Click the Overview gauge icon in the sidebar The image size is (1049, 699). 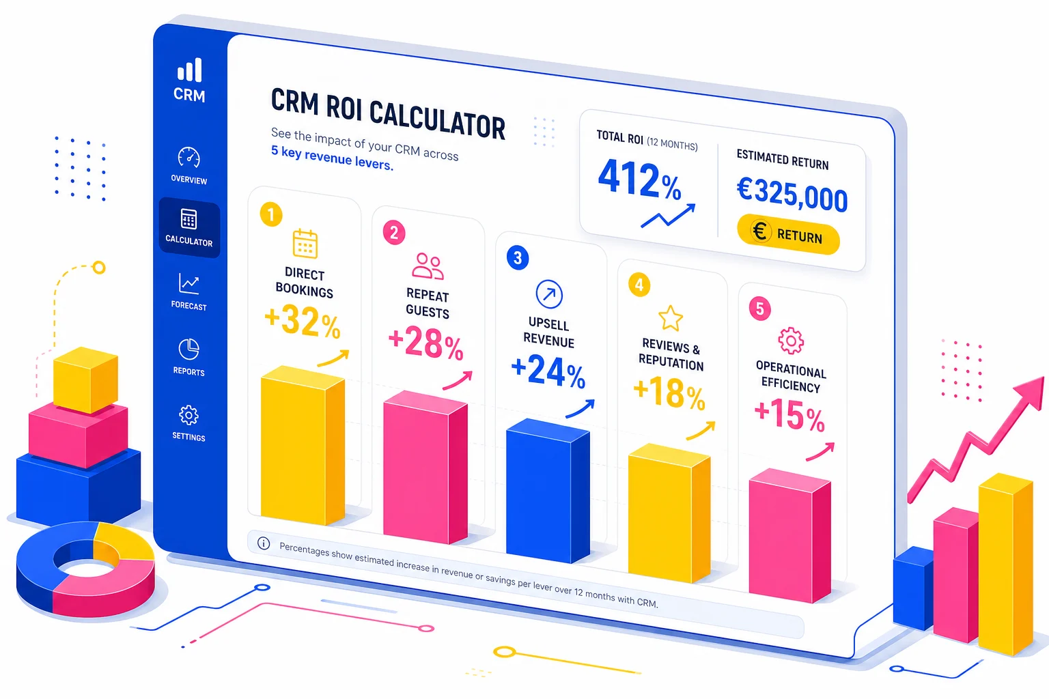(188, 158)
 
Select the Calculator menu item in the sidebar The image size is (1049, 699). (189, 227)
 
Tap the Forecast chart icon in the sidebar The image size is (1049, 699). (188, 283)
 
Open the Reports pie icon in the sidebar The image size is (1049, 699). (188, 349)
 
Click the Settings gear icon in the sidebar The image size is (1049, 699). (188, 415)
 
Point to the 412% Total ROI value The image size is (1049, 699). (639, 181)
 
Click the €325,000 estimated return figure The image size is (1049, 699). (792, 194)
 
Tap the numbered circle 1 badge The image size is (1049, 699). (271, 214)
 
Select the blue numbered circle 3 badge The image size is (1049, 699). (518, 257)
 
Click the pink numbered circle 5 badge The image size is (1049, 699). (759, 309)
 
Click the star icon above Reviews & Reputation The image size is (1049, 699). (671, 318)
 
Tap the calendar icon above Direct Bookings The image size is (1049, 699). (305, 244)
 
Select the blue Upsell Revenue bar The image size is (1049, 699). (547, 491)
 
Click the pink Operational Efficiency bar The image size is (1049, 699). (789, 536)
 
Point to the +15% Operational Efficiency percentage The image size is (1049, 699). (789, 414)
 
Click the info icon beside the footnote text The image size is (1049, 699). (264, 543)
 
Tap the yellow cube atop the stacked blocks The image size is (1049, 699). (85, 380)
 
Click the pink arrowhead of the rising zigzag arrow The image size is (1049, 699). (1031, 392)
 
